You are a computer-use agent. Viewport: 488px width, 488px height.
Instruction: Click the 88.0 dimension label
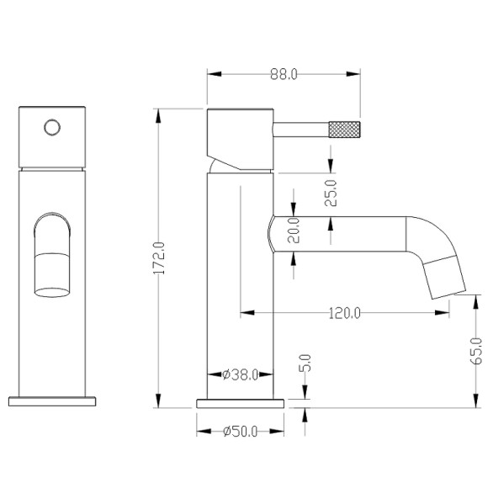coord(284,74)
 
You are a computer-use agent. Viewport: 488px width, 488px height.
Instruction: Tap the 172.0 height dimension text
coord(159,258)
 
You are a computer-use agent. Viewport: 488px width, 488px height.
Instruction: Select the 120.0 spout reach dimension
coord(344,313)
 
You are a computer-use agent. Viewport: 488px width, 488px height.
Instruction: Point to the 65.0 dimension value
coord(476,351)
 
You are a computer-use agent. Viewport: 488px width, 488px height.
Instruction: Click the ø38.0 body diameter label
coord(241,375)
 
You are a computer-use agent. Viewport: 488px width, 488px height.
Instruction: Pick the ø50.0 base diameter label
coord(241,432)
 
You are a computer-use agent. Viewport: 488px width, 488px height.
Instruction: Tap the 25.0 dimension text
coord(331,193)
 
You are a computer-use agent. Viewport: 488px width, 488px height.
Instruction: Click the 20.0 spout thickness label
coord(294,231)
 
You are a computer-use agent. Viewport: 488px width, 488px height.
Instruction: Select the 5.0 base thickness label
coord(305,363)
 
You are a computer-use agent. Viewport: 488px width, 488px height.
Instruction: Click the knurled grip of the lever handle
coord(344,130)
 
